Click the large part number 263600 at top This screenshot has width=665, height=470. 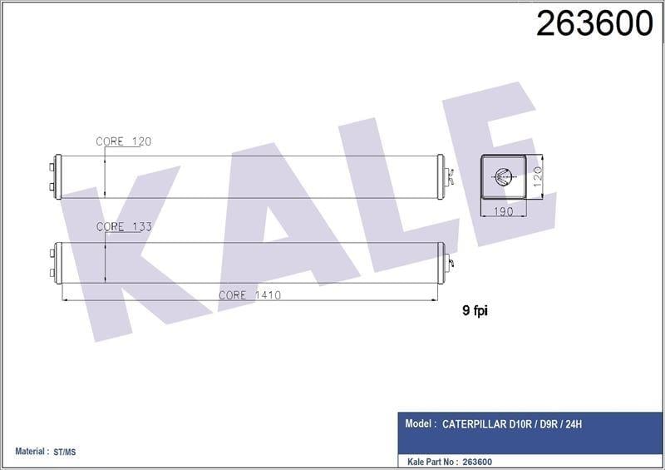pos(594,24)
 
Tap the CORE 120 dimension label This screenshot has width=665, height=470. pos(123,141)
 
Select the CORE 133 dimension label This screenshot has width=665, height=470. pos(124,227)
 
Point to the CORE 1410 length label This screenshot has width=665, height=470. pos(250,295)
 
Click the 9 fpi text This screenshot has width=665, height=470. pos(475,311)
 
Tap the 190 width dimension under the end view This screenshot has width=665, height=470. pos(504,211)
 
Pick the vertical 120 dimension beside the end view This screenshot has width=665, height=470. pos(537,176)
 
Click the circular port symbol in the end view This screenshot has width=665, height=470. pos(504,176)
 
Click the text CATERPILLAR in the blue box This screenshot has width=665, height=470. pos(474,423)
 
